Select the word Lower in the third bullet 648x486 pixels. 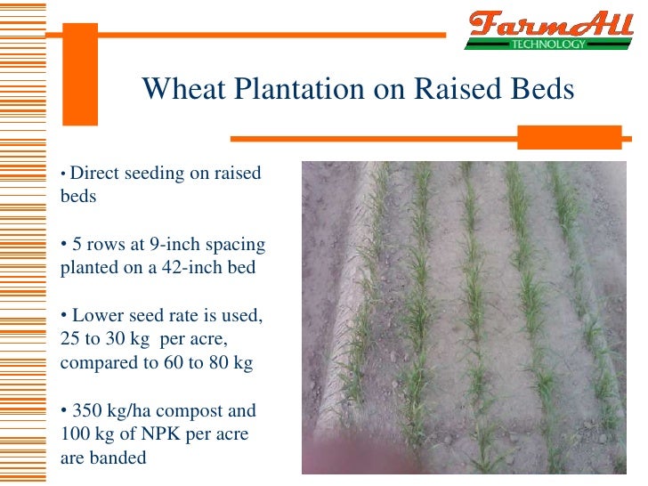pyautogui.click(x=97, y=315)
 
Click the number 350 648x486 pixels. pyautogui.click(x=88, y=411)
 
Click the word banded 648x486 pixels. pyautogui.click(x=117, y=458)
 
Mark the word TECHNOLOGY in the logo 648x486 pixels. pyautogui.click(x=547, y=43)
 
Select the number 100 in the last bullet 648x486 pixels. pyautogui.click(x=75, y=435)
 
